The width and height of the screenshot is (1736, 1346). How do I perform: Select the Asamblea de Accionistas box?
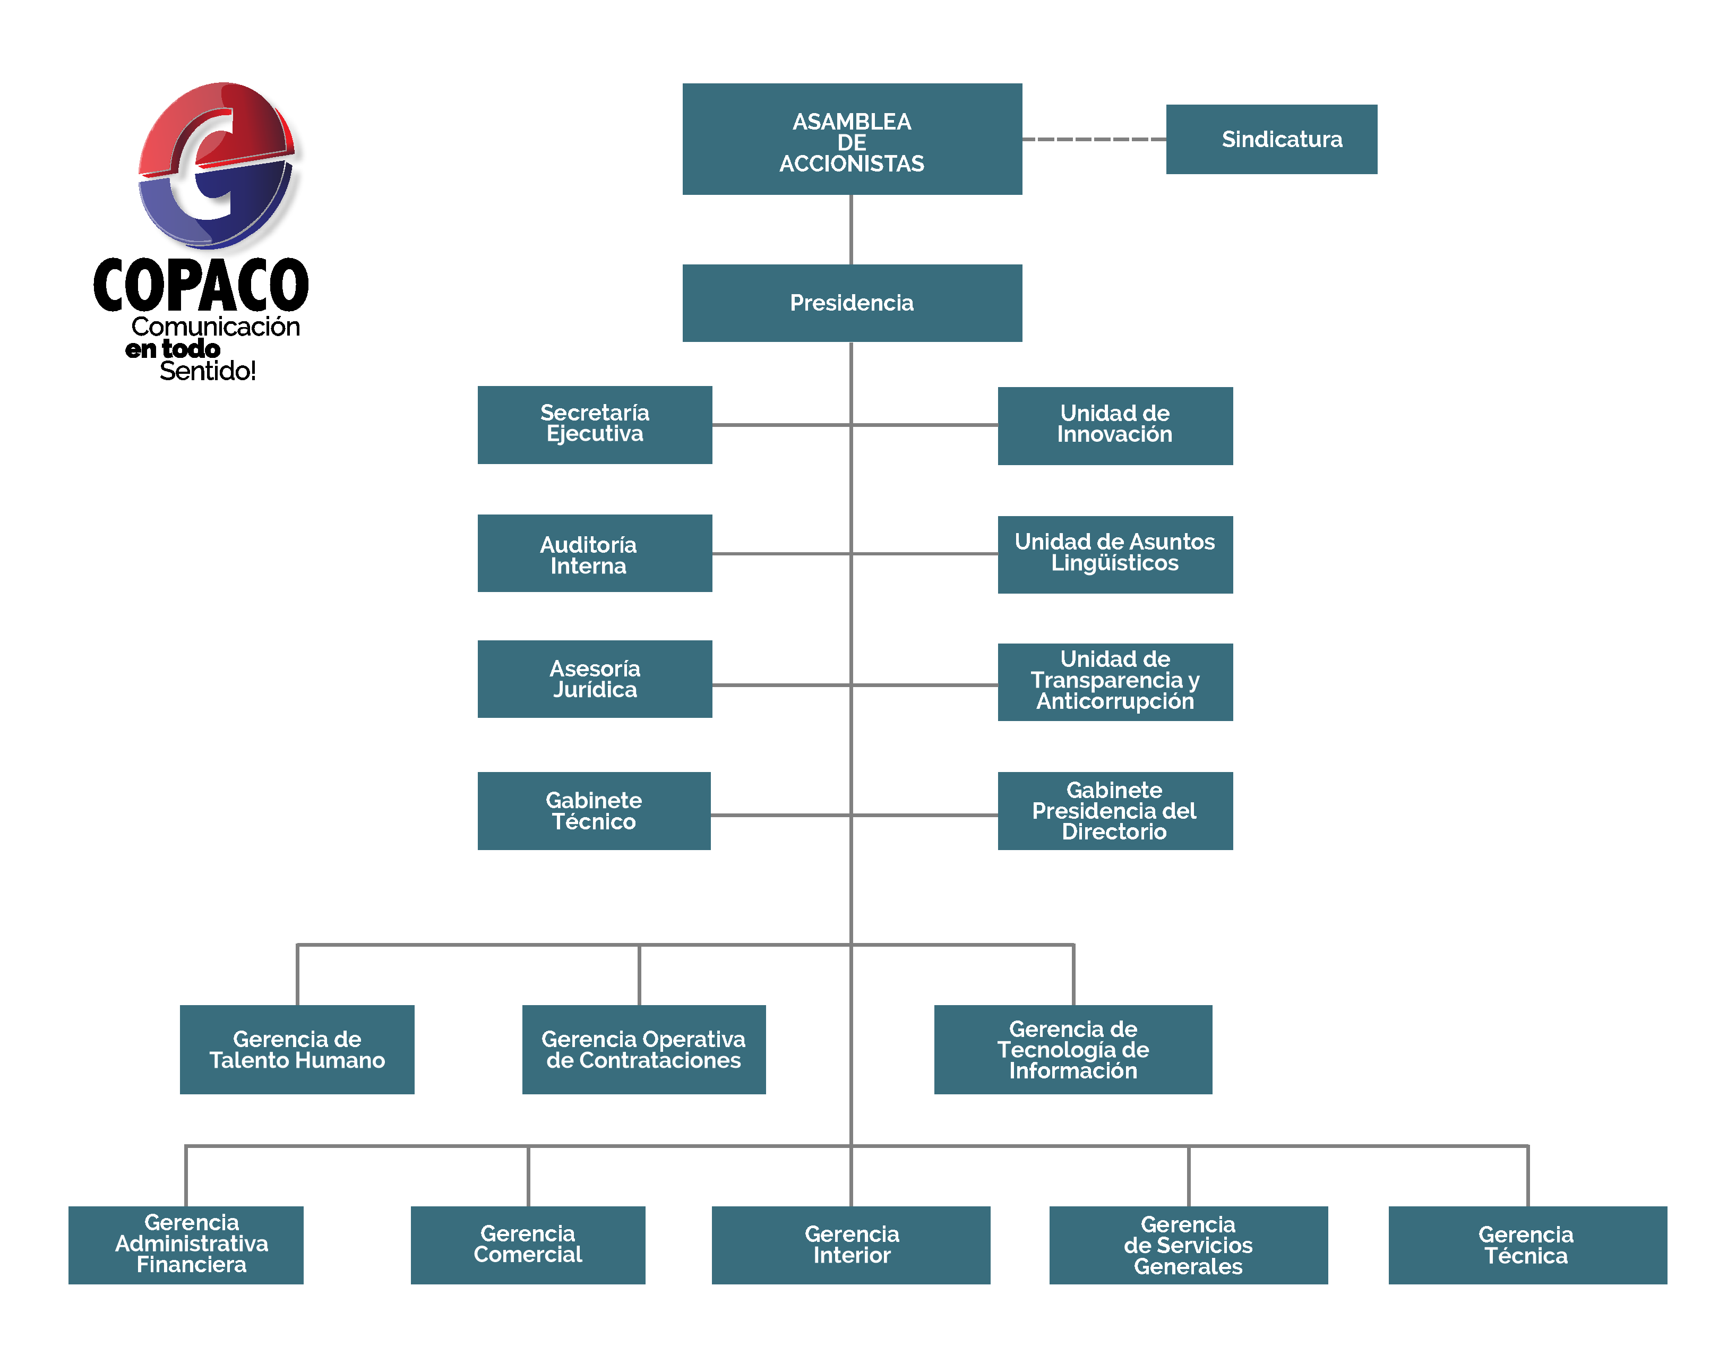point(852,139)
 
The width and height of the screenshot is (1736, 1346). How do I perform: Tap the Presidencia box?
point(852,303)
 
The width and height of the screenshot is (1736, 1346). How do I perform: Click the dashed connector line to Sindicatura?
point(1094,139)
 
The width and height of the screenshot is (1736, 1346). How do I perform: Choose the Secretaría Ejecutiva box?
point(595,425)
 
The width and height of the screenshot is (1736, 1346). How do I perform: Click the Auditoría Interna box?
point(595,553)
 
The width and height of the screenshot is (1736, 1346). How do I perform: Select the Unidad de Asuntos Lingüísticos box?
point(1115,554)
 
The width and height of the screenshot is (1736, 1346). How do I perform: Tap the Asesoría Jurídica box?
point(595,679)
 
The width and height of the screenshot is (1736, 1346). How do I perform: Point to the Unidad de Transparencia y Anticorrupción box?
point(1115,682)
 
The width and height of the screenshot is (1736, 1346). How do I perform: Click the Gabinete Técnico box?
point(594,811)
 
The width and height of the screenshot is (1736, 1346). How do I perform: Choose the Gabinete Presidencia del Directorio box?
point(1115,811)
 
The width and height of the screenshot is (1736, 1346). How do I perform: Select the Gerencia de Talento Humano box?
point(297,1049)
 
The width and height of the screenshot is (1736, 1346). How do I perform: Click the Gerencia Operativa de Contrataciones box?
point(644,1049)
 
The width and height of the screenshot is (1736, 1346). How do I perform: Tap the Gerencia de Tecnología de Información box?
point(1073,1049)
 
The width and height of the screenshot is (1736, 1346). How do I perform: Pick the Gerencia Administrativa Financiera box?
point(186,1245)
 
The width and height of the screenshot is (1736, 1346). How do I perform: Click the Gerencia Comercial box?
point(528,1245)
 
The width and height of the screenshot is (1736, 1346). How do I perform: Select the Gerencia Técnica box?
point(1528,1245)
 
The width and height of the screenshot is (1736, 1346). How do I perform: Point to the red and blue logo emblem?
point(217,165)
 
